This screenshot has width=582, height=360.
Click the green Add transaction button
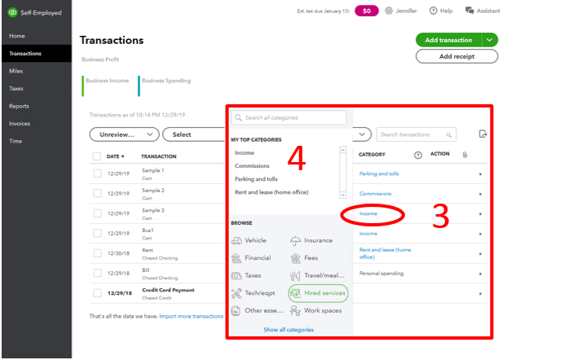pyautogui.click(x=448, y=40)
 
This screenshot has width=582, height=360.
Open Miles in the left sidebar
pyautogui.click(x=16, y=71)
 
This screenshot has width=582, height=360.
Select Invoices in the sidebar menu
pyautogui.click(x=20, y=124)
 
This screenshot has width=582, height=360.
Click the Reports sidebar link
pyautogui.click(x=19, y=106)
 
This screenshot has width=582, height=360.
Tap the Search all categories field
pyautogui.click(x=289, y=117)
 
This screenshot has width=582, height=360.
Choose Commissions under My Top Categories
pyautogui.click(x=252, y=165)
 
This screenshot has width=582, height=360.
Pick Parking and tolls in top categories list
pyautogui.click(x=256, y=179)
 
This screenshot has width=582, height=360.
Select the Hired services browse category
pyautogui.click(x=318, y=293)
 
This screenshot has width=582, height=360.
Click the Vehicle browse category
pyautogui.click(x=249, y=240)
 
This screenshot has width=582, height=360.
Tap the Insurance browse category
pyautogui.click(x=311, y=240)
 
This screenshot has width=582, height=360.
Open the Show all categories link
pyautogui.click(x=289, y=330)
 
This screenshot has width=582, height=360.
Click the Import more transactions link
pyautogui.click(x=192, y=316)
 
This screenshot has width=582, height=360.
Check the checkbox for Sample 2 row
pyautogui.click(x=97, y=193)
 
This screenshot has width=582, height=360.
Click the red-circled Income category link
pyautogui.click(x=368, y=213)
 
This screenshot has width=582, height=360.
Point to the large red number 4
pyautogui.click(x=297, y=158)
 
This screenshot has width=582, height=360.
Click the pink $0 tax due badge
pyautogui.click(x=366, y=11)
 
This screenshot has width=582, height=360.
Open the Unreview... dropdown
pyautogui.click(x=125, y=134)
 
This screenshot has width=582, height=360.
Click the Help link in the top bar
pyautogui.click(x=441, y=11)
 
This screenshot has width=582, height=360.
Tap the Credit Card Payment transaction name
pyautogui.click(x=168, y=290)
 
